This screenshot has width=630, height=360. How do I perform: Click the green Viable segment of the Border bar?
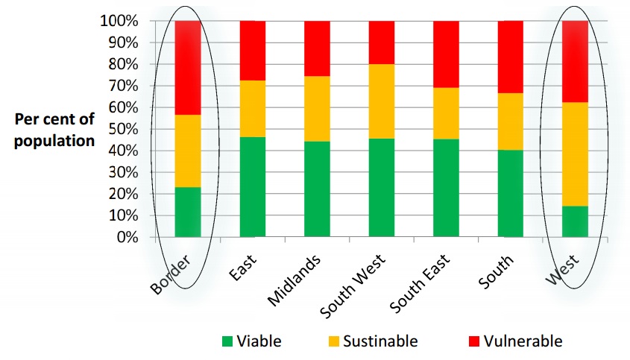[188, 212]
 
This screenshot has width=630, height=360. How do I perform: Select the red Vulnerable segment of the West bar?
[575, 61]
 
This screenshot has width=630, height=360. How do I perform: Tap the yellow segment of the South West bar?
[382, 101]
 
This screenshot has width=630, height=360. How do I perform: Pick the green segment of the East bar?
[252, 187]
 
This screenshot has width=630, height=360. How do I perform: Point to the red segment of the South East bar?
[446, 54]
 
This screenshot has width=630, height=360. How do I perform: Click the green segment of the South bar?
[510, 194]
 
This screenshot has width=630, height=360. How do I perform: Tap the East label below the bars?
[243, 268]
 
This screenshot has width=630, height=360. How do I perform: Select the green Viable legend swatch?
[227, 342]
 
